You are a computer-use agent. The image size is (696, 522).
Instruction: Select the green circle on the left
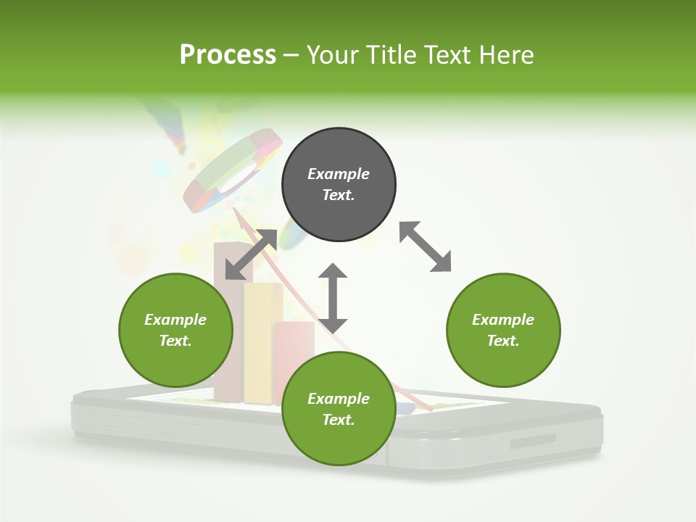(175, 330)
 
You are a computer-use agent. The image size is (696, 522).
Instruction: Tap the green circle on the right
(503, 330)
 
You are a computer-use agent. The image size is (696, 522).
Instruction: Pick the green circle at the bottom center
(339, 408)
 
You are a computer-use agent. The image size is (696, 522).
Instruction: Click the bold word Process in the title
(228, 54)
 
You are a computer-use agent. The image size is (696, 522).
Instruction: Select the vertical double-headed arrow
(333, 298)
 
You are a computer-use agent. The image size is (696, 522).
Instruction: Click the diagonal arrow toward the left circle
(251, 254)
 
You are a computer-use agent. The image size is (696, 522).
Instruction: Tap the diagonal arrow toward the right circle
(425, 247)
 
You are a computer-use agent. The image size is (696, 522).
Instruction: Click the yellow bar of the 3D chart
(262, 341)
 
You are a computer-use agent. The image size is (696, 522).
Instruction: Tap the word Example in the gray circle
(339, 174)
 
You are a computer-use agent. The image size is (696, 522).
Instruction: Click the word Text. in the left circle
(175, 341)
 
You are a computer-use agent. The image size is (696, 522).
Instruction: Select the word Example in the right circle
(503, 320)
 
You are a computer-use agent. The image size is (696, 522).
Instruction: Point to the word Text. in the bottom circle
(339, 420)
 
